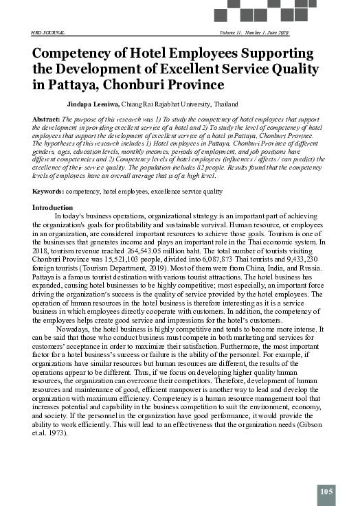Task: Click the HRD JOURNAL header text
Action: [x=47, y=34]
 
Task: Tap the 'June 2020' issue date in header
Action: [x=277, y=34]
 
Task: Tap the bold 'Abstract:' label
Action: [x=47, y=119]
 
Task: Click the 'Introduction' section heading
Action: [x=53, y=207]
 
